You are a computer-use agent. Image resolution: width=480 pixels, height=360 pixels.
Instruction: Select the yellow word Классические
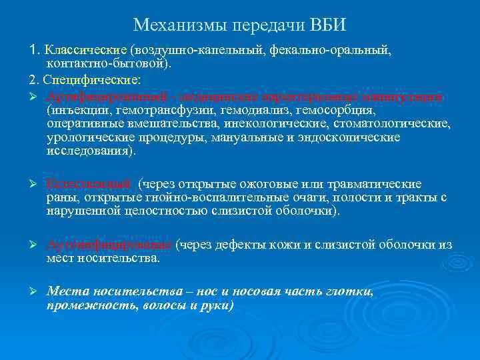click(x=85, y=50)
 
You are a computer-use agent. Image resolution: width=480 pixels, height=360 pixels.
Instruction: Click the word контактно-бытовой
click(x=106, y=64)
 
